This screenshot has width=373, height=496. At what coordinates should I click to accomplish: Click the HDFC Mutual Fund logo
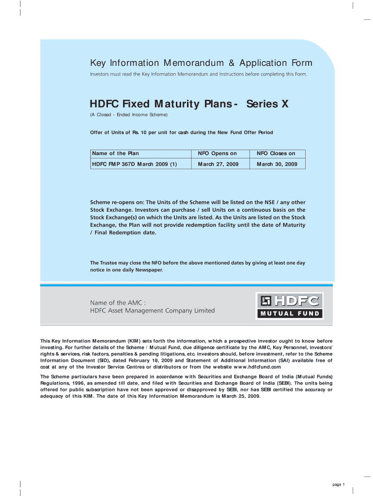pyautogui.click(x=289, y=306)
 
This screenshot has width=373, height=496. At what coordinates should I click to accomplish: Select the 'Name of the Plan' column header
pyautogui.click(x=115, y=154)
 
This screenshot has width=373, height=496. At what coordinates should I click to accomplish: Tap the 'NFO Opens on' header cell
pyautogui.click(x=218, y=154)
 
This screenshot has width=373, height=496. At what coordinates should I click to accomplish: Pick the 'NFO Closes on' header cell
pyautogui.click(x=276, y=154)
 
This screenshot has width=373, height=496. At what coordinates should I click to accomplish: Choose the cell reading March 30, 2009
pyautogui.click(x=277, y=164)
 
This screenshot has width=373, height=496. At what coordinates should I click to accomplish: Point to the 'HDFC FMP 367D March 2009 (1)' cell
pyautogui.click(x=134, y=164)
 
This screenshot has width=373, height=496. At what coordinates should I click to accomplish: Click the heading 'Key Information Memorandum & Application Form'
pyautogui.click(x=201, y=63)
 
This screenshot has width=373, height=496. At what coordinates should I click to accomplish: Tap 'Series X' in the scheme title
pyautogui.click(x=264, y=104)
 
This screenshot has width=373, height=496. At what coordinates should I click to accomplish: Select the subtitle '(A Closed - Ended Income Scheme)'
pyautogui.click(x=129, y=115)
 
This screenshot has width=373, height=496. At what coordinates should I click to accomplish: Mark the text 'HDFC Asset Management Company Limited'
pyautogui.click(x=152, y=310)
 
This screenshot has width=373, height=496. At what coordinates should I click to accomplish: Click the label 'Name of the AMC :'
pyautogui.click(x=118, y=302)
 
